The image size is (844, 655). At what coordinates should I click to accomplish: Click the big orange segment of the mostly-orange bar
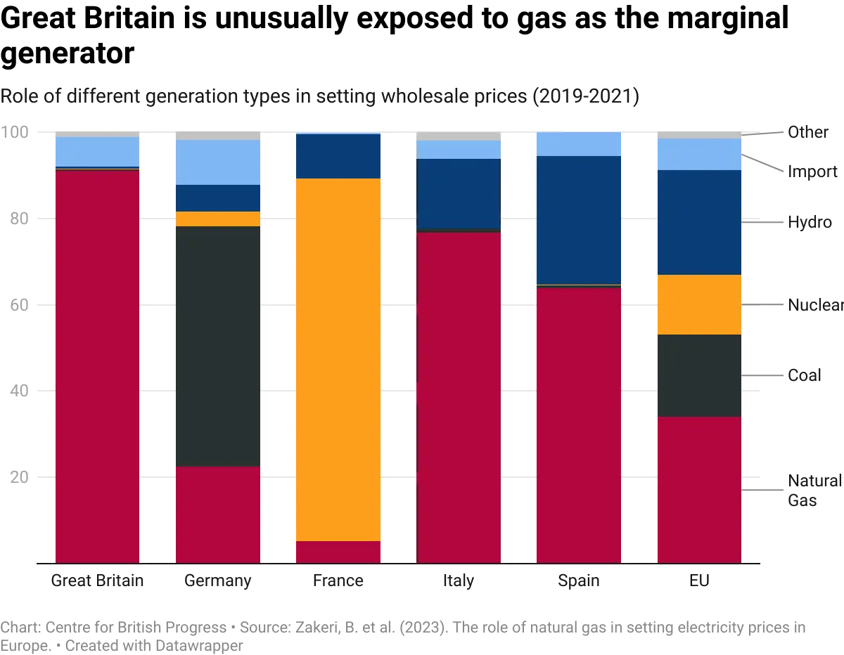[338, 359]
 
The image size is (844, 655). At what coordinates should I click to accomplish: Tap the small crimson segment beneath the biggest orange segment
[338, 552]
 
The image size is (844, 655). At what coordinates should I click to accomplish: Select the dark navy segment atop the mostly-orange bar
[338, 156]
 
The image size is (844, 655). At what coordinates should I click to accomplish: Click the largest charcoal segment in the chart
[218, 346]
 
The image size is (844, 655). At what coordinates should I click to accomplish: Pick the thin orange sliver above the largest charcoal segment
[218, 219]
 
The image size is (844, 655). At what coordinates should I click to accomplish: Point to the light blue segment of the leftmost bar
[97, 151]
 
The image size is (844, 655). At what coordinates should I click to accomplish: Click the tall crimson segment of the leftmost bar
[97, 365]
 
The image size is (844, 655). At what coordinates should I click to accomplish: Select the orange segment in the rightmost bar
[698, 304]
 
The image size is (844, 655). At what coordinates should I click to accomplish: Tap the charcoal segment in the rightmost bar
[698, 375]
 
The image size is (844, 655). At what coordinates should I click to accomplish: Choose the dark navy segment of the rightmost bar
[698, 222]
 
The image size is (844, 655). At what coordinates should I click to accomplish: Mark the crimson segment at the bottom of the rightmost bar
[698, 489]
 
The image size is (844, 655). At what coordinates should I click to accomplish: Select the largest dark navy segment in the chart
[579, 220]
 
